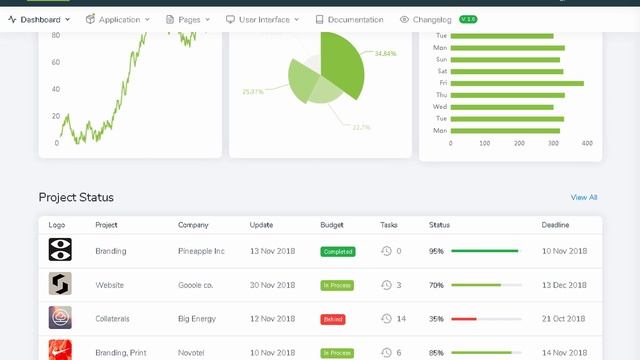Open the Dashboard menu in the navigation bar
[39, 19]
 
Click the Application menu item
[118, 19]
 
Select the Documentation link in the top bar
[349, 19]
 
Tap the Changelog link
[432, 19]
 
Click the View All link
[583, 197]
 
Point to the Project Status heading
[76, 197]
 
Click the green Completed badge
[338, 251]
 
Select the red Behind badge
[333, 319]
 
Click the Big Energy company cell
[197, 319]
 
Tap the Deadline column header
[557, 225]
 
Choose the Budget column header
[331, 225]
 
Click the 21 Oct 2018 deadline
[564, 319]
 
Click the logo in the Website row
[60, 284]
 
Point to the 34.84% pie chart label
[386, 53]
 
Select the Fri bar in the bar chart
[517, 83]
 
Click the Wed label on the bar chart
[440, 106]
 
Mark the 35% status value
[436, 319]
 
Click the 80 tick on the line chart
[56, 35]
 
